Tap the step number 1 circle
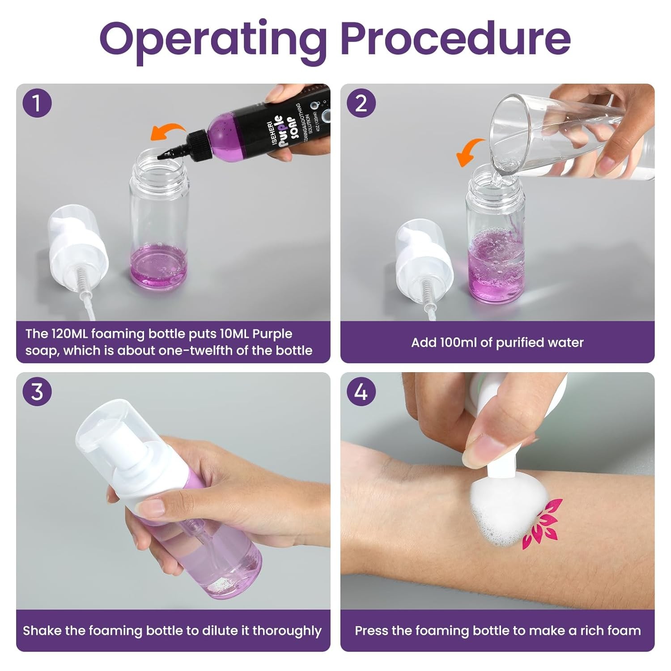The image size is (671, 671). (37, 103)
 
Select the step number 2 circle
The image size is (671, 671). (361, 103)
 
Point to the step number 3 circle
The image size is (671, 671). (37, 392)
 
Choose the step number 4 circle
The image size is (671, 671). (361, 392)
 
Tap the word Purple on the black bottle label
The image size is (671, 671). (277, 129)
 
